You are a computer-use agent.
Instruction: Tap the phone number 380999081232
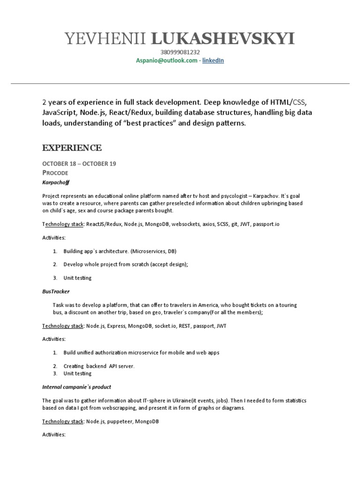180,52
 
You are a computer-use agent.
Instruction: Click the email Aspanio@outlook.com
166,60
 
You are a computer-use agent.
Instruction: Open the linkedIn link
213,60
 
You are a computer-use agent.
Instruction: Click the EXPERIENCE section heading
72,148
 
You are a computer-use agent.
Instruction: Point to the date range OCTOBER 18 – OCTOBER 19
79,164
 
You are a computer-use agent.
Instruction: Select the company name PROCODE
55,173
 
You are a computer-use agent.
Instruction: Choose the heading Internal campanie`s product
76,387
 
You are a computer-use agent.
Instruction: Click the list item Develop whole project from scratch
126,264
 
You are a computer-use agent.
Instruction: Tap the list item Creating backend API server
99,366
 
